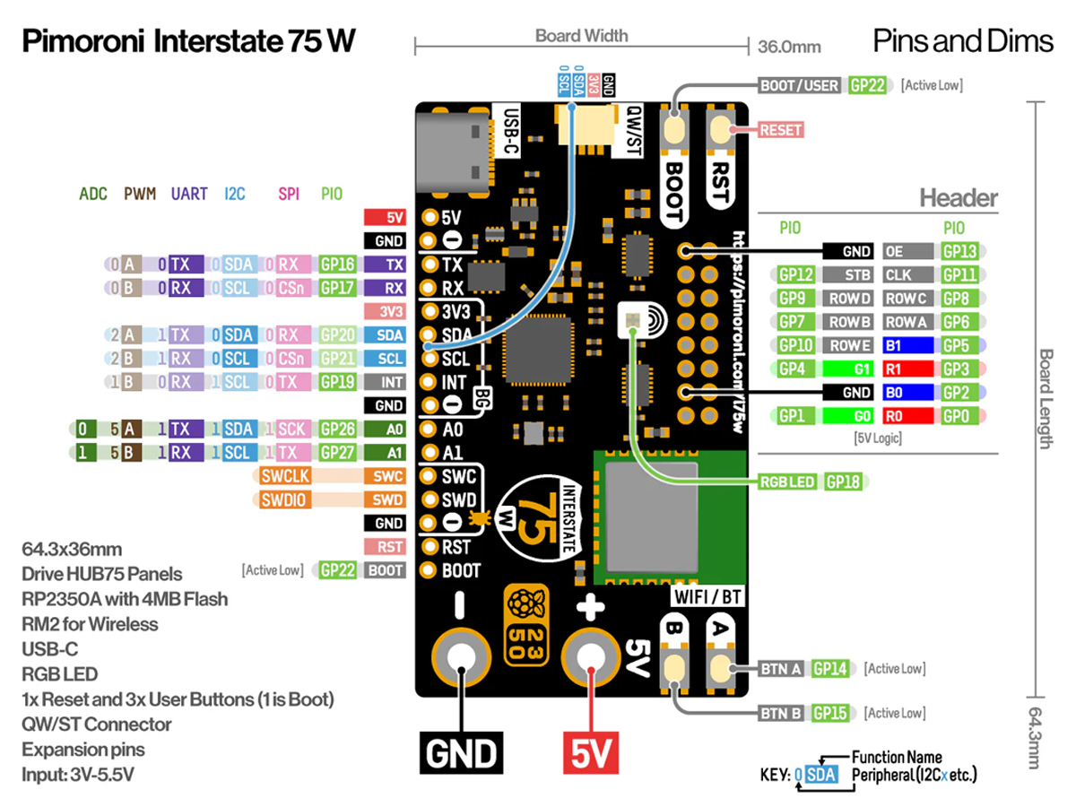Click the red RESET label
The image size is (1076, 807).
(781, 130)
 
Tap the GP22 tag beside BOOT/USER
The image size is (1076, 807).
(867, 86)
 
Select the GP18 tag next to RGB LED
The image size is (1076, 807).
(843, 482)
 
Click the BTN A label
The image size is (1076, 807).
(780, 669)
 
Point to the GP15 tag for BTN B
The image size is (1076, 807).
(829, 714)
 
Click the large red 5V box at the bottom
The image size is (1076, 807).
(591, 753)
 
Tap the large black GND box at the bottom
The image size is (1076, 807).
(461, 753)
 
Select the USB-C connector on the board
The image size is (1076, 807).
(454, 151)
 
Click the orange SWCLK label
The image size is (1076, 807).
(285, 476)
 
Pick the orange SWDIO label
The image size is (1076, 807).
(284, 499)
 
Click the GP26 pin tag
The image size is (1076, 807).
(337, 430)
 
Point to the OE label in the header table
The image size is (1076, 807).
(907, 252)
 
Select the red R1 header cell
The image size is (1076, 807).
(907, 369)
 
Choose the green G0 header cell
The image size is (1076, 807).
(848, 416)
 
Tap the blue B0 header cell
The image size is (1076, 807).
(907, 393)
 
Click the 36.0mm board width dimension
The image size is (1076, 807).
(789, 47)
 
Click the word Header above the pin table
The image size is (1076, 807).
(959, 198)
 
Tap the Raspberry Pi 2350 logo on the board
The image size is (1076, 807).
(526, 625)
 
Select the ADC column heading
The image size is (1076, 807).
(93, 194)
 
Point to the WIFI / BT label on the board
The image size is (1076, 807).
(707, 597)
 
